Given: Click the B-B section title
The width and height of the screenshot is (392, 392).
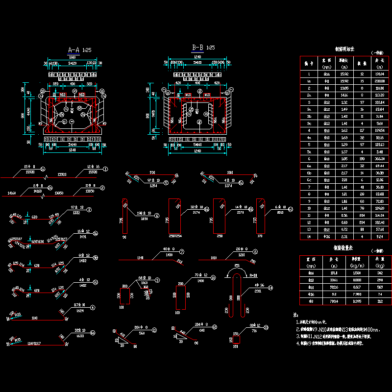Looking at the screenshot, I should pyautogui.click(x=198, y=48).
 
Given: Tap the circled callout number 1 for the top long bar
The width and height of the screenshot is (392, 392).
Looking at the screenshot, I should pyautogui.click(x=105, y=169).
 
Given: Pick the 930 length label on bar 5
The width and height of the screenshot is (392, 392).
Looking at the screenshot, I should pyautogui.click(x=152, y=172).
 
